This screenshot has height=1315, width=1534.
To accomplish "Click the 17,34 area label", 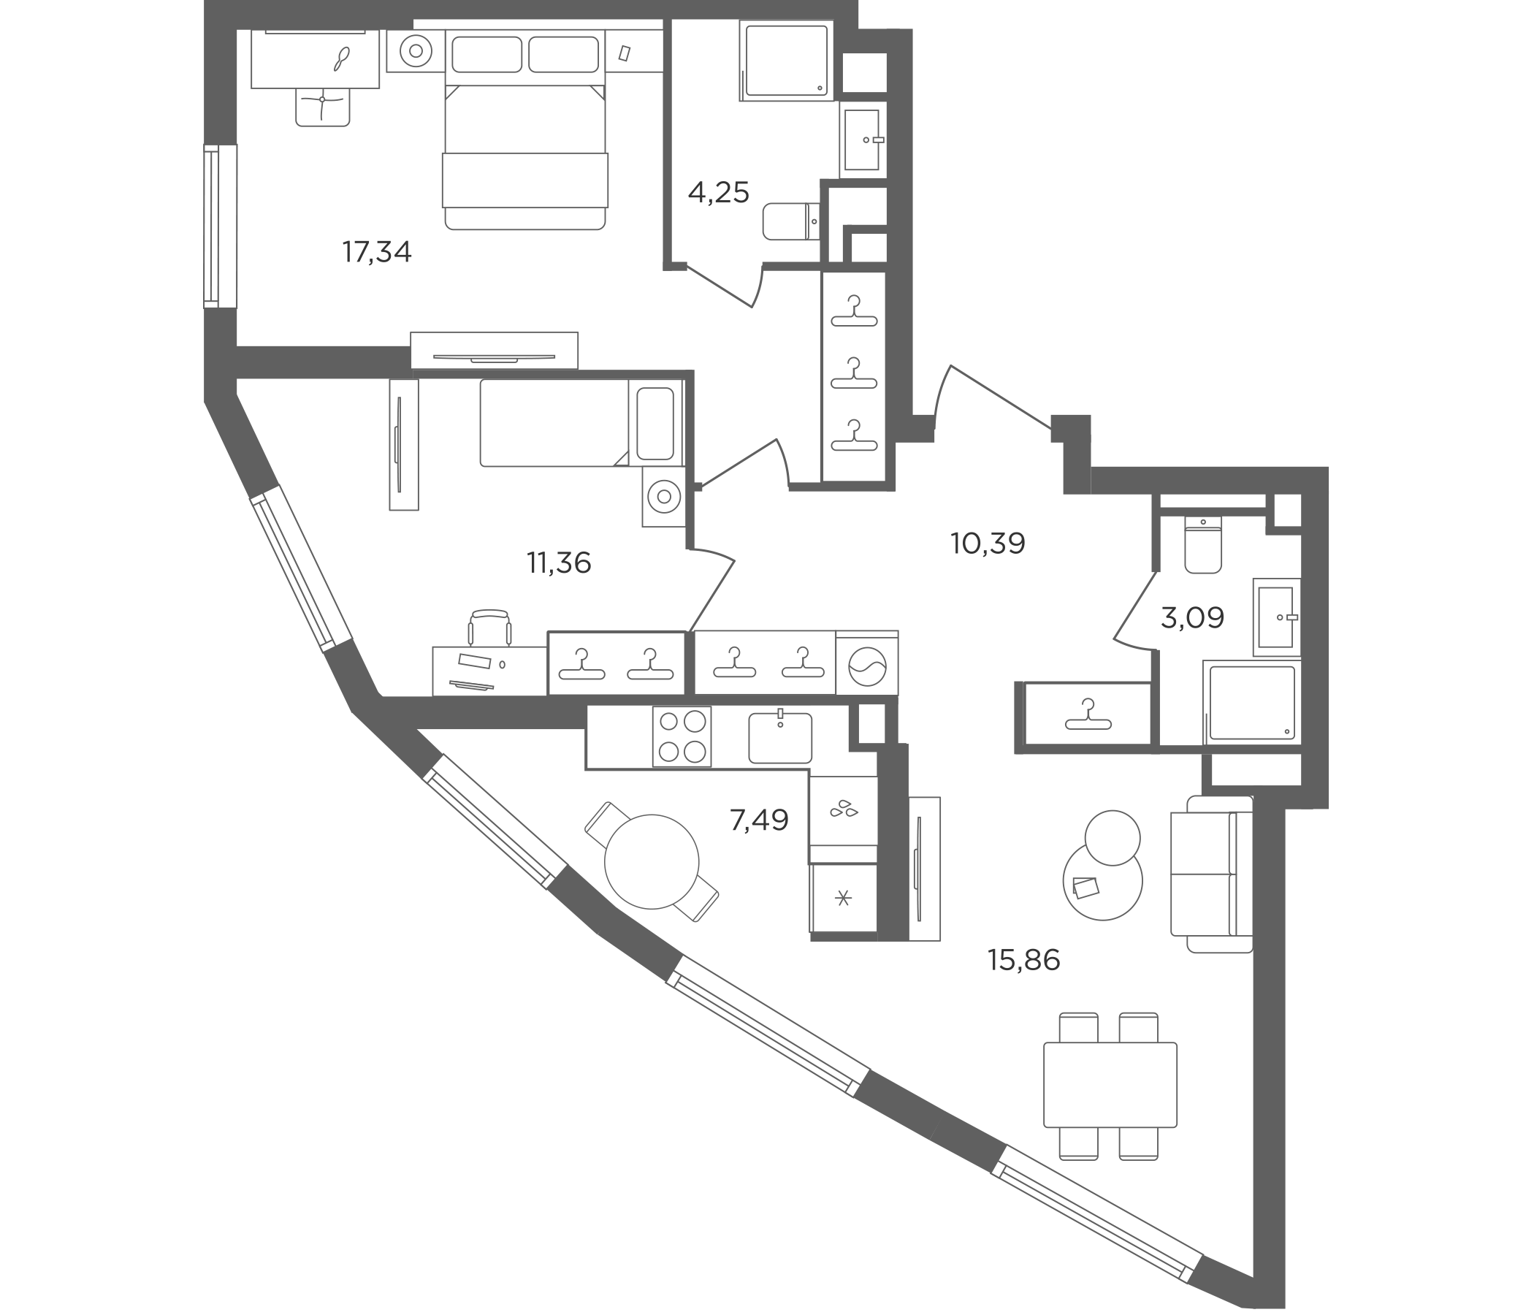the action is click(x=376, y=253).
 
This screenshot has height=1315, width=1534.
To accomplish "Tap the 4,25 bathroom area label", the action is click(x=718, y=193).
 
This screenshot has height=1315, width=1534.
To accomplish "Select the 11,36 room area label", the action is click(x=559, y=563).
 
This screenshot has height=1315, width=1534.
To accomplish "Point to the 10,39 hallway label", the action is click(x=988, y=544).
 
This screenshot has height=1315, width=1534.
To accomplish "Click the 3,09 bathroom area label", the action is click(x=1192, y=617).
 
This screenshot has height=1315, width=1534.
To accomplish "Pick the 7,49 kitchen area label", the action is click(x=759, y=820).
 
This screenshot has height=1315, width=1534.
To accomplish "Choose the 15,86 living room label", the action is click(x=1024, y=960).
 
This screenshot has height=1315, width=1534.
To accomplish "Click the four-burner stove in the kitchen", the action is click(x=682, y=736).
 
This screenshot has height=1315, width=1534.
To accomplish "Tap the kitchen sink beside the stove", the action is click(x=779, y=736).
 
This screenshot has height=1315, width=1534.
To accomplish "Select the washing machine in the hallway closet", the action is click(x=867, y=663).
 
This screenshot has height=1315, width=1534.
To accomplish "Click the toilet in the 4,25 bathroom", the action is click(x=791, y=221).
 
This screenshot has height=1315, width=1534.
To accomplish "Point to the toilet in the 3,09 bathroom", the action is click(x=1203, y=545).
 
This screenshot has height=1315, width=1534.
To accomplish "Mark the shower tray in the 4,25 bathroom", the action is click(x=786, y=61).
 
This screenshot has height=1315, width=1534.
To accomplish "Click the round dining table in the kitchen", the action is click(x=652, y=862).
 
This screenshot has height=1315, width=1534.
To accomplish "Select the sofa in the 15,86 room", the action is click(x=1212, y=874).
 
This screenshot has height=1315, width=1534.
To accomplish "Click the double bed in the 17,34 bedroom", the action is click(x=525, y=130).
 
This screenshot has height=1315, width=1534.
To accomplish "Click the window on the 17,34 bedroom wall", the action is click(x=220, y=226).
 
